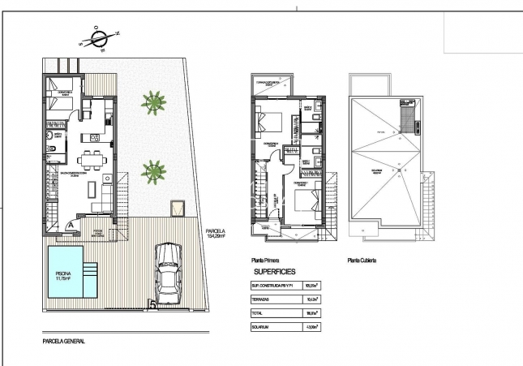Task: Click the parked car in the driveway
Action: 168,270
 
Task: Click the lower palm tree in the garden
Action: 152,170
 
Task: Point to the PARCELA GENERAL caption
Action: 63,342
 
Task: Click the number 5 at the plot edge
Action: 152,306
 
